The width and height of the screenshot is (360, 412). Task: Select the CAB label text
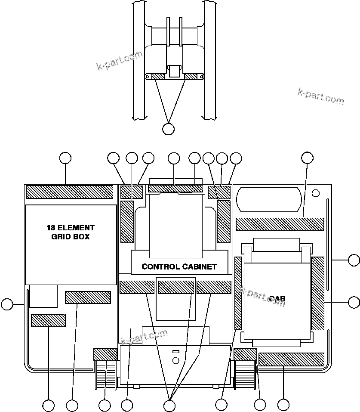(x=277, y=298)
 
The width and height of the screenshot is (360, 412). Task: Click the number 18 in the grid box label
(x=52, y=227)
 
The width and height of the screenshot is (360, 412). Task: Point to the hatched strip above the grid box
(x=69, y=192)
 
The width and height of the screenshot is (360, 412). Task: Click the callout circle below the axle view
(x=169, y=128)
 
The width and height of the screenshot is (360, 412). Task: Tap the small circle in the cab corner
(x=315, y=192)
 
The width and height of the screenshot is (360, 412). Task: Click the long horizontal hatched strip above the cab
(x=280, y=224)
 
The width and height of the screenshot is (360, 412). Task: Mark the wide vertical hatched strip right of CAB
(x=317, y=293)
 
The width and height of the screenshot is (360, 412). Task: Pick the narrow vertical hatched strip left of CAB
(x=238, y=293)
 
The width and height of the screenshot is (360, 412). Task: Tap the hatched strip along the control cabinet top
(x=175, y=189)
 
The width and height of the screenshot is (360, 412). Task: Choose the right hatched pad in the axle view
(x=191, y=77)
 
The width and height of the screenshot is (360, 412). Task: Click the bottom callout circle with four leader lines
(x=169, y=405)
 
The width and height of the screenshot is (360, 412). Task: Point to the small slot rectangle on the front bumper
(x=175, y=352)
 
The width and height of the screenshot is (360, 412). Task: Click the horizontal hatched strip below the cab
(x=291, y=359)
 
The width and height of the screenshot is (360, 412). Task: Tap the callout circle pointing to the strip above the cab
(x=307, y=158)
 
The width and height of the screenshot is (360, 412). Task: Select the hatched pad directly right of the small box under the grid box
(x=88, y=297)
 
